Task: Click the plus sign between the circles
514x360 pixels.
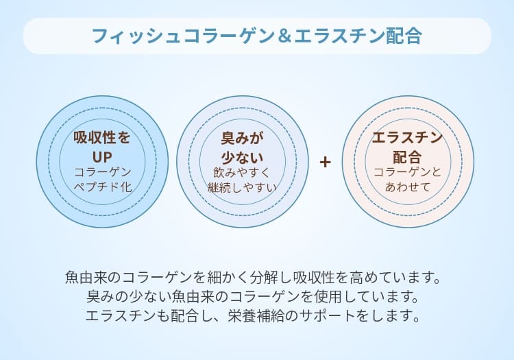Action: tap(325, 163)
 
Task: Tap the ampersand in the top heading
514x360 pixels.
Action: tap(282, 36)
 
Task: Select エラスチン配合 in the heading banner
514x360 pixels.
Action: tap(356, 36)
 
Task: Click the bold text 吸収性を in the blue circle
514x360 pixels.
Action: tap(102, 137)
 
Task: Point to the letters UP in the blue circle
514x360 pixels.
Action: tap(102, 157)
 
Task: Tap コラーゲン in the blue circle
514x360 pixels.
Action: tap(102, 172)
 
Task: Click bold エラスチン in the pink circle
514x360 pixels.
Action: tap(407, 137)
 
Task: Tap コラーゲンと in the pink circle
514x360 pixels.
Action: tap(407, 172)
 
